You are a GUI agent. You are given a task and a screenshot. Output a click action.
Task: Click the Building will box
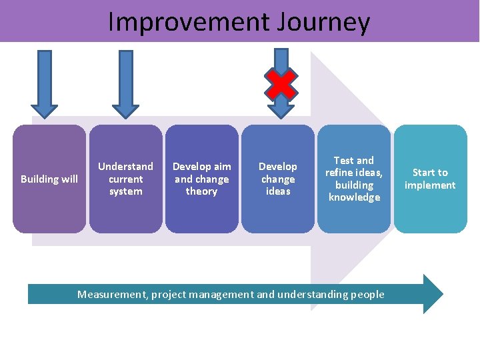tap(49, 179)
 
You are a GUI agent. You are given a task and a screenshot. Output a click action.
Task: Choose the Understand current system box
tap(125, 179)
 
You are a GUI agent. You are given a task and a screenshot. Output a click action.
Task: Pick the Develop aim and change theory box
tap(201, 179)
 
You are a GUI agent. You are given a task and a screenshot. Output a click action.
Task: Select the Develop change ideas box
tap(278, 179)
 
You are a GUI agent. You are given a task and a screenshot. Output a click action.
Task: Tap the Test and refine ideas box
tap(354, 179)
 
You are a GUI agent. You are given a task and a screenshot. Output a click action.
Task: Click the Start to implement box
tap(430, 179)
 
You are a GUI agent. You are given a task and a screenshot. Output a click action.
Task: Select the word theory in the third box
tap(201, 191)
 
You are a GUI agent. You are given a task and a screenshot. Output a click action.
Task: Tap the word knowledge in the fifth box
tap(354, 197)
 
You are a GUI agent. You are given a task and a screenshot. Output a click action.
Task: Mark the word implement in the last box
tap(430, 185)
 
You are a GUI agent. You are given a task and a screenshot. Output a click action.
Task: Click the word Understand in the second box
tap(125, 166)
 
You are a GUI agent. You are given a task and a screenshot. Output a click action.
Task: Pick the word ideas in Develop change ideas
tap(278, 191)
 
